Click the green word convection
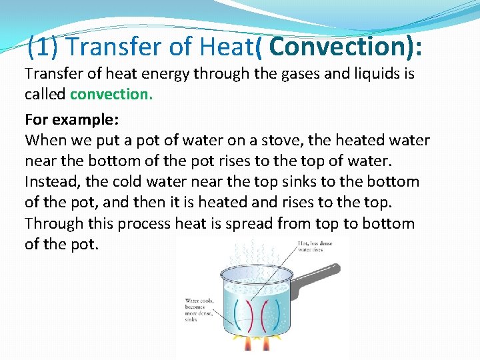(x=111, y=94)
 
